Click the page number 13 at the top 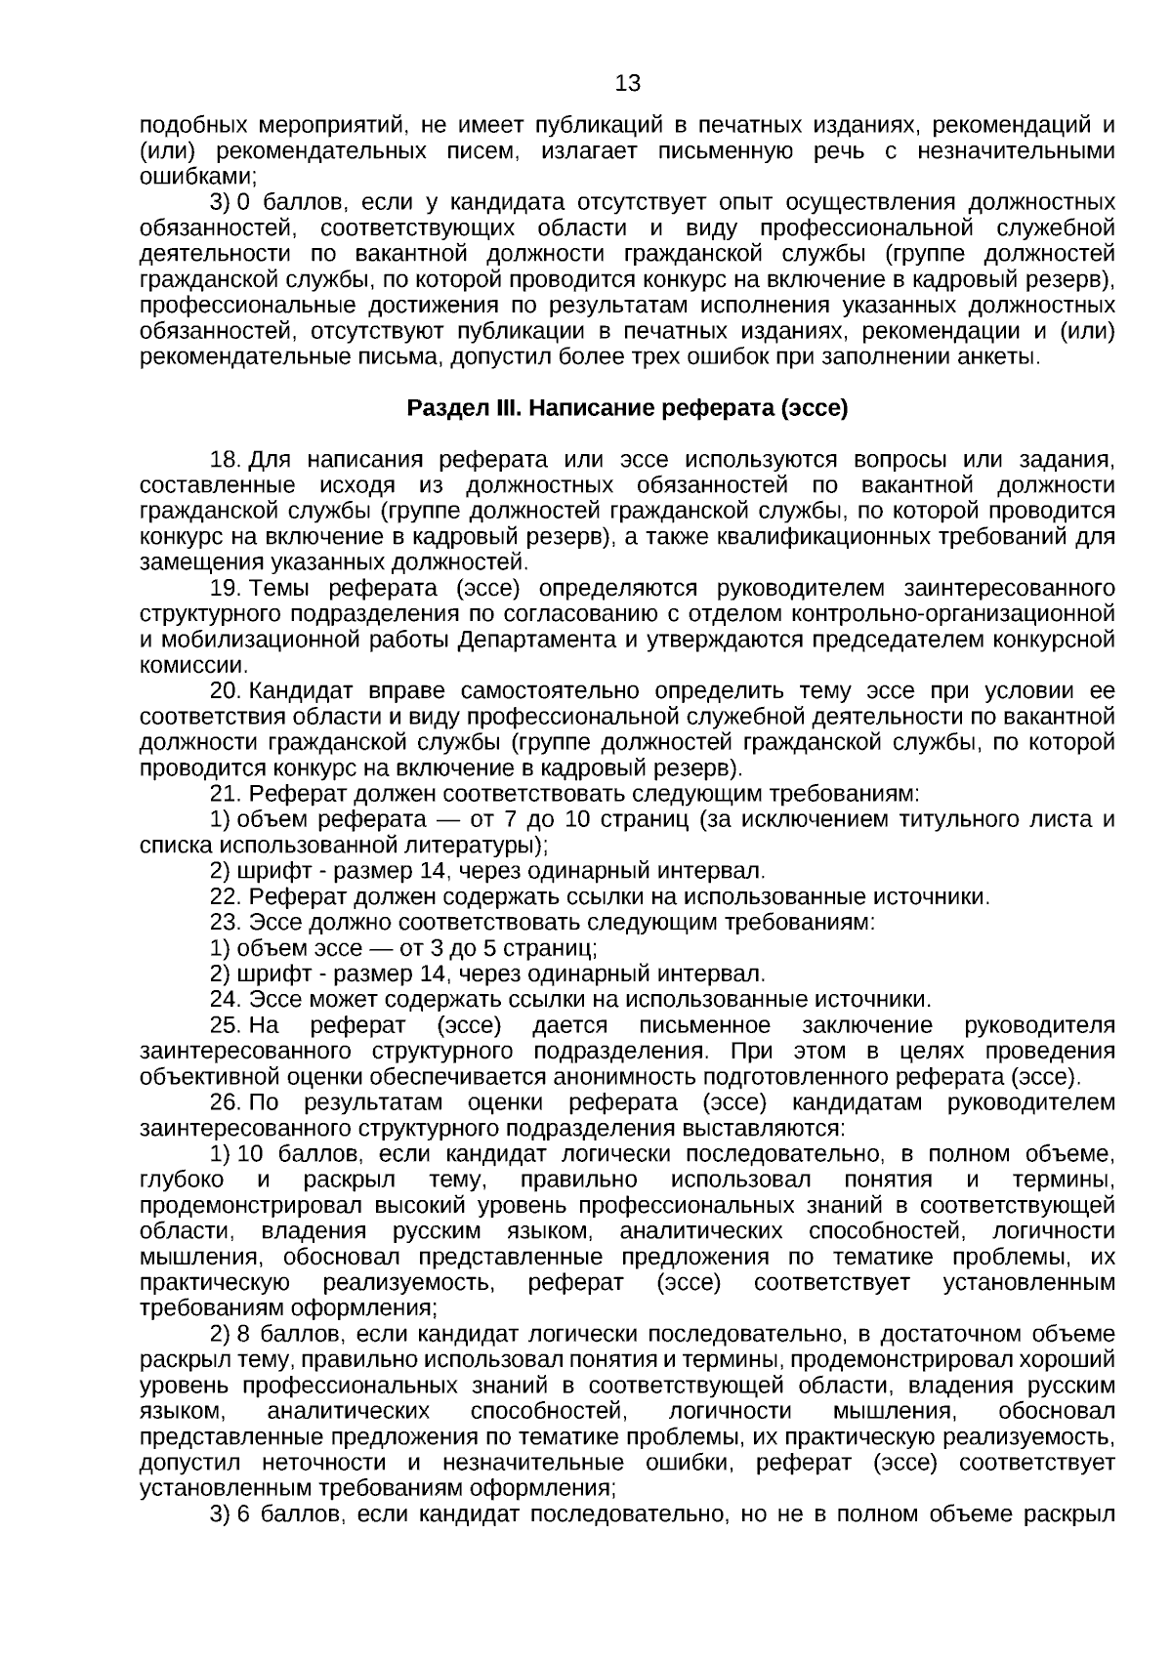point(628,84)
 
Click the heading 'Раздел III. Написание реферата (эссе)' point(627,408)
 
